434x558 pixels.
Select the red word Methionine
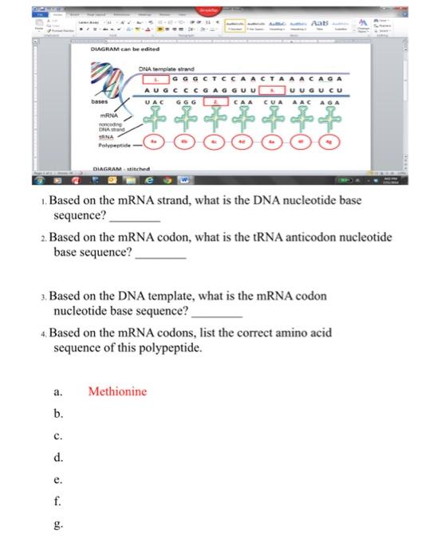(117, 391)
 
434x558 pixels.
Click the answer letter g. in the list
(57, 525)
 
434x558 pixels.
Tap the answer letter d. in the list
(57, 458)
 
